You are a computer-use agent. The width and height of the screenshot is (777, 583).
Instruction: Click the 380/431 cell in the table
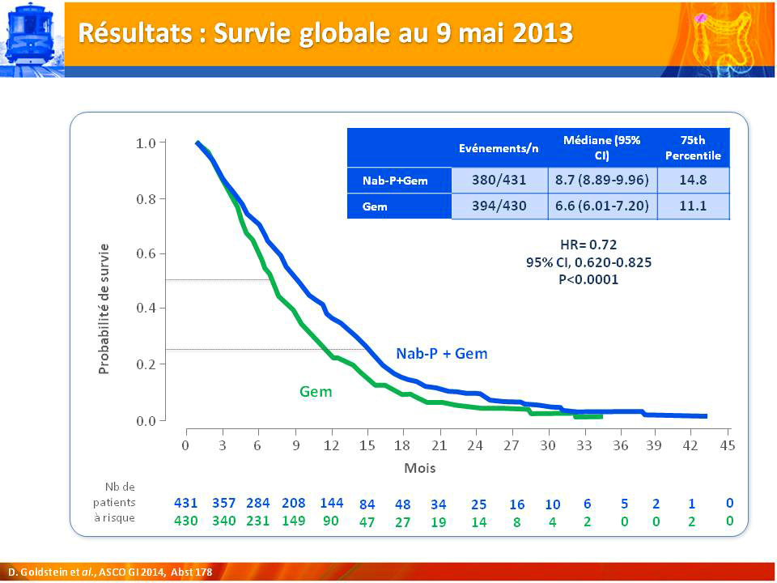(x=499, y=180)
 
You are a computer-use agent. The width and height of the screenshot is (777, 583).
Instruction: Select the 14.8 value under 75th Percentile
(x=693, y=180)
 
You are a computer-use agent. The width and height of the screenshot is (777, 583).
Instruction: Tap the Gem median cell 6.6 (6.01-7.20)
(x=602, y=206)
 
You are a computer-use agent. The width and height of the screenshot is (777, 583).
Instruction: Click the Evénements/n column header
(x=499, y=148)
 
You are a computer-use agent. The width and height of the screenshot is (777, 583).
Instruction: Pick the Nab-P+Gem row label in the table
(x=395, y=181)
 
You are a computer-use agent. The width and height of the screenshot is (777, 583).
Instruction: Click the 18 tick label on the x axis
(x=402, y=445)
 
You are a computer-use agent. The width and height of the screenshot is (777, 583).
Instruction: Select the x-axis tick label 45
(x=728, y=445)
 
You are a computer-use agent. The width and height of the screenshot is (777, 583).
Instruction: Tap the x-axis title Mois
(x=420, y=468)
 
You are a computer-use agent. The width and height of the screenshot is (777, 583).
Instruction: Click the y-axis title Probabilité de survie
(x=104, y=309)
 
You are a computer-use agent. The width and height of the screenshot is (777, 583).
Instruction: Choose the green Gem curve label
(x=316, y=392)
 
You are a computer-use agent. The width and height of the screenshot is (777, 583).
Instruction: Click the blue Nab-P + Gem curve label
(x=442, y=354)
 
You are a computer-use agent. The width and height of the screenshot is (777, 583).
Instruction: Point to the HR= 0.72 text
(x=588, y=245)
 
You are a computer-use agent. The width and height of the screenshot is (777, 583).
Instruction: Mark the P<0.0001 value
(x=588, y=279)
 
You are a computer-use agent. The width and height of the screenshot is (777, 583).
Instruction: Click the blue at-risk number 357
(x=224, y=503)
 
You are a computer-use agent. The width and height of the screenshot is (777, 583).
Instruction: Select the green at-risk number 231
(x=257, y=521)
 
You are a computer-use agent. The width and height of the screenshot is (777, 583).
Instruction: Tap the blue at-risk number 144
(x=332, y=503)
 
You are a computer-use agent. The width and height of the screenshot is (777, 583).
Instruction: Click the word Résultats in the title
(x=135, y=33)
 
